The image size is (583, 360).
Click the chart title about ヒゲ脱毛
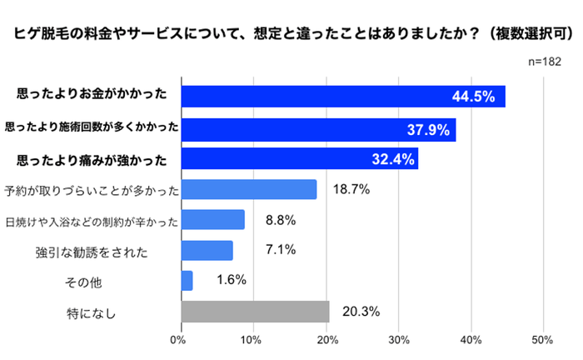[x=291, y=34]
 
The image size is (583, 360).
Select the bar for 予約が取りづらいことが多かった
[x=249, y=190]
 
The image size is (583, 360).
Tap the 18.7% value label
[x=351, y=190]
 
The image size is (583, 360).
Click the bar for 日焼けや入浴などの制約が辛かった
[x=212, y=220]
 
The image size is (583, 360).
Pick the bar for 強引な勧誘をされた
[x=207, y=251]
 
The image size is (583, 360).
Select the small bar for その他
[x=187, y=281]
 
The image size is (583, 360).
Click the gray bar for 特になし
[x=255, y=312]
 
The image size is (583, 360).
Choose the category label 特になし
[x=90, y=312]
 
